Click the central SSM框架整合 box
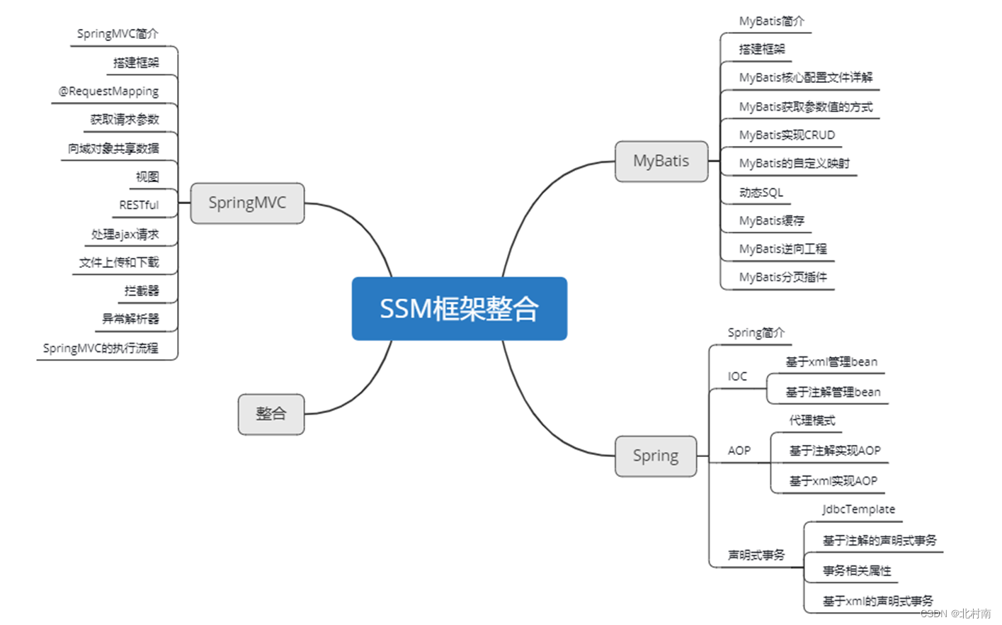pos(459,308)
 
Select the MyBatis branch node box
pos(661,161)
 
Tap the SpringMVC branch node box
pos(247,203)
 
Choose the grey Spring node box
pos(655,456)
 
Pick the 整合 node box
pos(271,414)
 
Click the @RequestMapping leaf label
pos(108,91)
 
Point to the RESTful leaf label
pos(139,205)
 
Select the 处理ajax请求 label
pos(125,234)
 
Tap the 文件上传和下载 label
pos(119,262)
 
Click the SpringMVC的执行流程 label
pos(101,348)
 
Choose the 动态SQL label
pos(761,192)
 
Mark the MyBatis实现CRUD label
pos(787,135)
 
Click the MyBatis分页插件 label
pos(782,277)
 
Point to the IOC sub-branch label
pos(737,376)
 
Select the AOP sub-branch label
pos(739,451)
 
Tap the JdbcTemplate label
pos(858,509)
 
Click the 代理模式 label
pos(812,420)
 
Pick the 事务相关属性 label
pos(857,570)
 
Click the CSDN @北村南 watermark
pos(955,614)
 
